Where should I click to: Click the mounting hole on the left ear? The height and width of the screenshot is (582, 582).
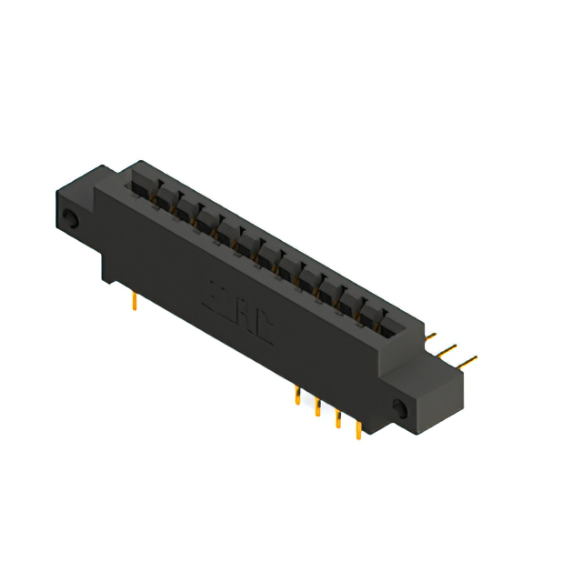point(70,217)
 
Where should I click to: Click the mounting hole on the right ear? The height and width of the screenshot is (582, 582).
point(399,406)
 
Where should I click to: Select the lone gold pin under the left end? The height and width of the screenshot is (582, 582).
point(135,301)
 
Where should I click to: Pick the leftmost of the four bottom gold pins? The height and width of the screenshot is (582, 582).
point(298,394)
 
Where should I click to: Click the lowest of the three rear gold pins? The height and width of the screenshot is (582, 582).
point(468,361)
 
